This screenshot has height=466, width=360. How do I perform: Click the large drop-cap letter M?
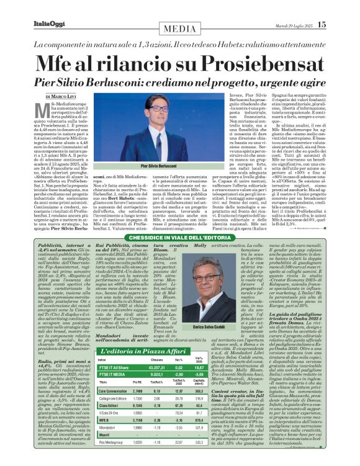[53, 113]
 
